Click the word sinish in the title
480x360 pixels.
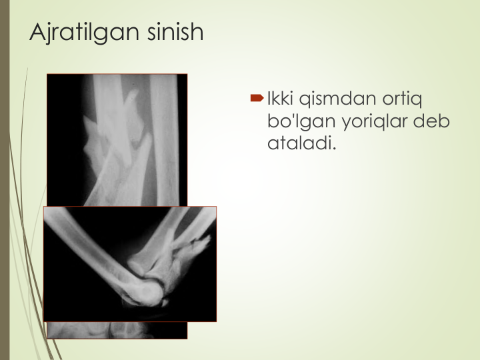[x=175, y=31]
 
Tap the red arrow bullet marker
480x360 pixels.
[x=257, y=98]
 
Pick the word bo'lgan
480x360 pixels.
[x=301, y=122]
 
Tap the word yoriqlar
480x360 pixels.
[x=375, y=122]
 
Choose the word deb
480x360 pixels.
[x=431, y=121]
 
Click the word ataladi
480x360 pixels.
[x=300, y=143]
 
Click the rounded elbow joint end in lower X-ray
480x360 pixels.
[x=146, y=293]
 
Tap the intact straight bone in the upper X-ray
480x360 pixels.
[x=165, y=139]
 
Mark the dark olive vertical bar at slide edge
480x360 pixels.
[x=5, y=180]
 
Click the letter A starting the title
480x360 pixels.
[x=37, y=32]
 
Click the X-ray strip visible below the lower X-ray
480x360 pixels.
[x=117, y=330]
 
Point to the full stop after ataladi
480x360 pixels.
[x=334, y=149]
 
